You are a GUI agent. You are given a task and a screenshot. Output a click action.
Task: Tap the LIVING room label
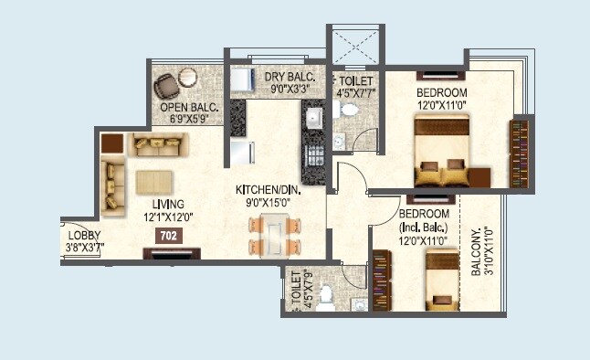(169, 204)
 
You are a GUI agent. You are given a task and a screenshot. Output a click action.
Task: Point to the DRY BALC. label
(290, 77)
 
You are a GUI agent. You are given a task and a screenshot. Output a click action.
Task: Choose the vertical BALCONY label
(478, 252)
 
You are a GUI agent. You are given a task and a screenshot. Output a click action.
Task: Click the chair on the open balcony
(167, 85)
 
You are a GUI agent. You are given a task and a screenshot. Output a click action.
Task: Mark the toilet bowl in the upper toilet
(348, 110)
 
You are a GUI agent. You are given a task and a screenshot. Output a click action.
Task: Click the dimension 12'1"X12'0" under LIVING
(169, 217)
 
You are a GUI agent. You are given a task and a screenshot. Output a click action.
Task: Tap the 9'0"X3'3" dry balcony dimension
(290, 90)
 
